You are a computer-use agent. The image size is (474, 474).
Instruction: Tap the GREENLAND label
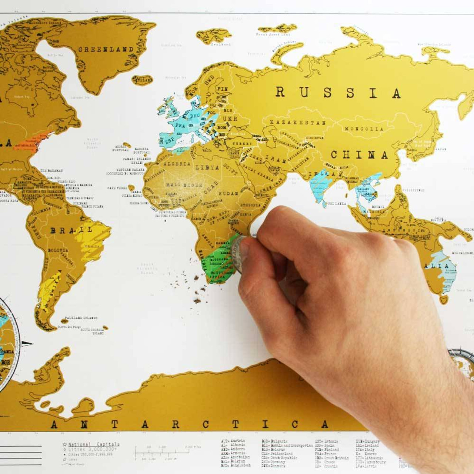click(106, 49)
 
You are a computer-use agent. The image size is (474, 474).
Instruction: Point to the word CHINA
click(359, 155)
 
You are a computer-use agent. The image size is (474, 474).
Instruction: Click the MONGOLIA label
click(364, 129)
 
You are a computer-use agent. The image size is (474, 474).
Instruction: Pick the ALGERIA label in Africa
click(177, 164)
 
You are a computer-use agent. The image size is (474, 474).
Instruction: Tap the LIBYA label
click(207, 167)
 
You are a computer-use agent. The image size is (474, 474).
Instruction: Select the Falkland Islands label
click(81, 318)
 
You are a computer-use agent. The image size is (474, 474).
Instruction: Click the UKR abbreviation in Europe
click(230, 119)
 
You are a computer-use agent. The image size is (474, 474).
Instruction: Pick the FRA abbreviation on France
click(180, 126)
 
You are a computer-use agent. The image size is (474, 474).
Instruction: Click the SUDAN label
click(228, 194)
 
